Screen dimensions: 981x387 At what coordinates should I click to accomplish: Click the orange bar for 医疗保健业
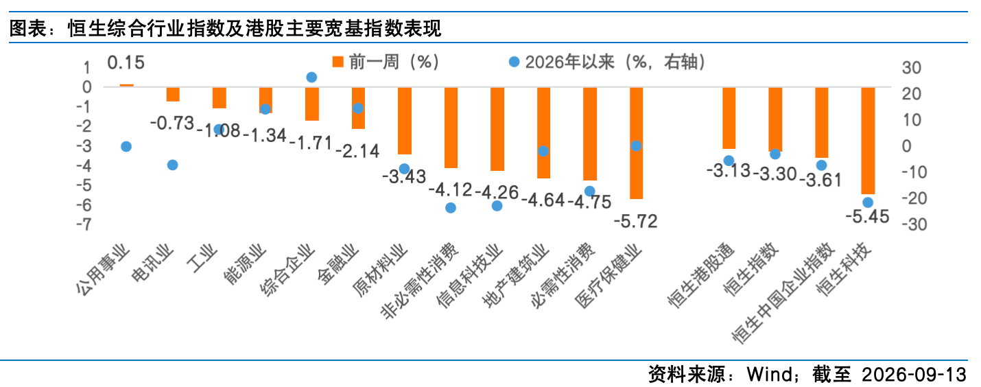tap(636, 143)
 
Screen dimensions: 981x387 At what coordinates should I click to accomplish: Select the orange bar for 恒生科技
tap(868, 140)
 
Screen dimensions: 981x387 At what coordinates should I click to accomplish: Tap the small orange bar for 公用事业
tap(126, 85)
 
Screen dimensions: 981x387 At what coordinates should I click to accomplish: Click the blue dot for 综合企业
tap(311, 77)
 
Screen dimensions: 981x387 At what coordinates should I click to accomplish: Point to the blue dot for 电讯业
tap(173, 165)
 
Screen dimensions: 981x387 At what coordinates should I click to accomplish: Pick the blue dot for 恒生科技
tap(868, 202)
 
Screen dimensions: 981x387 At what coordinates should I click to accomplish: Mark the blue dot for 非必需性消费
tap(451, 207)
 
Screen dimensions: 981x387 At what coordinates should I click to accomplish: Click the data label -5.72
tap(635, 222)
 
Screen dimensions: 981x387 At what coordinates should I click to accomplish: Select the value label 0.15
tap(126, 62)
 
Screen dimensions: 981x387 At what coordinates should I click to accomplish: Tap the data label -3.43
tap(404, 176)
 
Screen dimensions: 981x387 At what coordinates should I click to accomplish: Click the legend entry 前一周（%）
tap(386, 62)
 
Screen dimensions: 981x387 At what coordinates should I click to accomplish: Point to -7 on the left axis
tap(84, 224)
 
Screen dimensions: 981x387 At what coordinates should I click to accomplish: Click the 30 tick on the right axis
tap(911, 68)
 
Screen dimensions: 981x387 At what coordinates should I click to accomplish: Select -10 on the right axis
tap(914, 172)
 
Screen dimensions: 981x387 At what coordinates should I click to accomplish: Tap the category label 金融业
tap(338, 264)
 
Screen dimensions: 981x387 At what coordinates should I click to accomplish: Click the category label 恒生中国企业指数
tap(783, 293)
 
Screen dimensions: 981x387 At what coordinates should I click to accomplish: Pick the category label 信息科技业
tap(469, 276)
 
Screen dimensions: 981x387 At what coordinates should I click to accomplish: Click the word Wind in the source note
tap(770, 374)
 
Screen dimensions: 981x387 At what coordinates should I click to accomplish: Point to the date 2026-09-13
tap(914, 374)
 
